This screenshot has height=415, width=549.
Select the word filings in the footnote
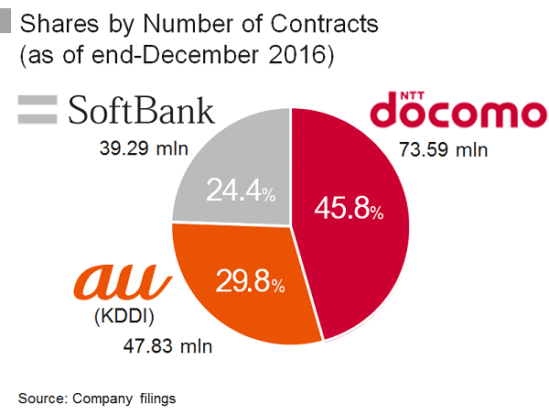pos(157,398)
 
